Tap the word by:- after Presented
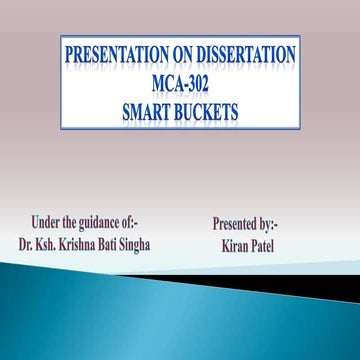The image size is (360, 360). [277, 224]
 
